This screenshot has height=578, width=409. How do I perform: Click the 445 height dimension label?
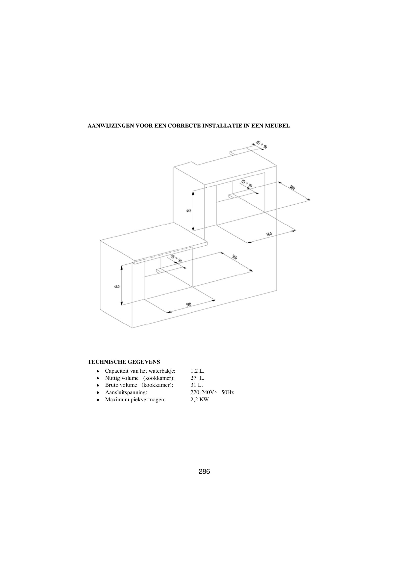coord(189,211)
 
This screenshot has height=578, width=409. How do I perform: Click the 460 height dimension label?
coord(117,286)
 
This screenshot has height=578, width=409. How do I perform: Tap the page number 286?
coord(204,471)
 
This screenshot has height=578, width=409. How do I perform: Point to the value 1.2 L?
coord(197,371)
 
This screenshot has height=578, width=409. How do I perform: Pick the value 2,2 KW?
coord(200,400)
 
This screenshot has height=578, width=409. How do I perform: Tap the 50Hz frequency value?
coord(228,392)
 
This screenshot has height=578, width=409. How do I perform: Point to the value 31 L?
coord(197,385)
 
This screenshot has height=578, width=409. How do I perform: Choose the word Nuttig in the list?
coord(113,378)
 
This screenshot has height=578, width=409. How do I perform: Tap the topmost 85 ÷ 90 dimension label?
coord(262,145)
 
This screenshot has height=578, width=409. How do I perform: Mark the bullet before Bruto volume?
coord(97,385)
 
